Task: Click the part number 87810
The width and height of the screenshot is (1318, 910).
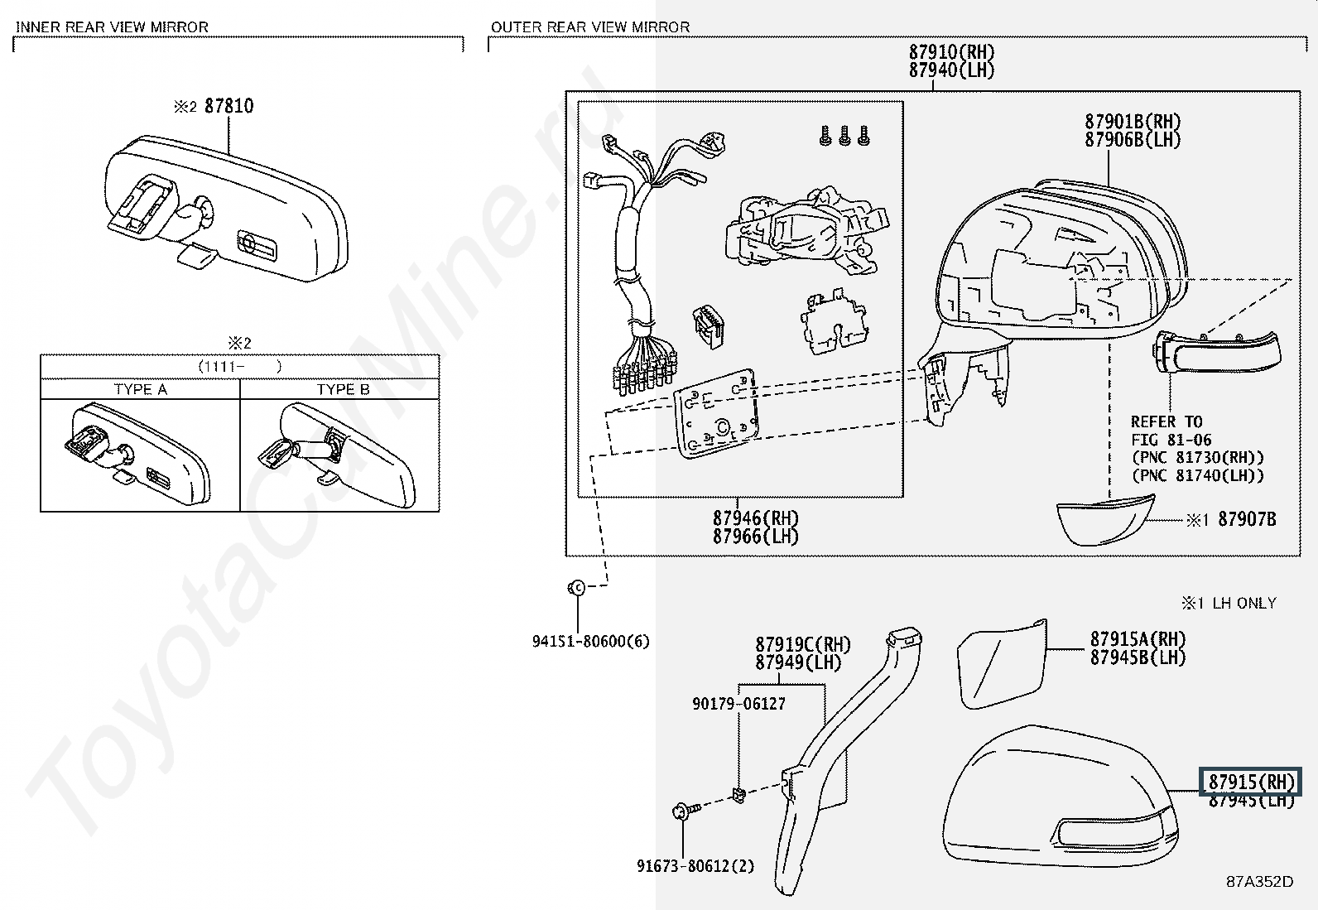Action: click(228, 106)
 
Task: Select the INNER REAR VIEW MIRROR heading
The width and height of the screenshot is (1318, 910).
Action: click(112, 27)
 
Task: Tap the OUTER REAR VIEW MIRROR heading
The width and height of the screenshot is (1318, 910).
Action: click(590, 27)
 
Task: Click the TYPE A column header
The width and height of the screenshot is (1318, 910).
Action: click(141, 389)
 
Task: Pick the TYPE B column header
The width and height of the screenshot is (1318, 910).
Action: click(343, 389)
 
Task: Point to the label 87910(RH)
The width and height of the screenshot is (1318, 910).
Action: click(951, 52)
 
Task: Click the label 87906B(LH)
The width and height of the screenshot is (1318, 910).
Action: click(1133, 139)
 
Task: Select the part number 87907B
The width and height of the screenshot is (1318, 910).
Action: click(1247, 519)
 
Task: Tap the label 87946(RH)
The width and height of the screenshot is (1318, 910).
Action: click(756, 518)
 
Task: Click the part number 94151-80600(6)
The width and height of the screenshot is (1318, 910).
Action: click(591, 641)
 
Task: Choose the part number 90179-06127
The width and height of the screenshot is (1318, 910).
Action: click(738, 703)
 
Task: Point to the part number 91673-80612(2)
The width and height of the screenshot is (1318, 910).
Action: click(695, 866)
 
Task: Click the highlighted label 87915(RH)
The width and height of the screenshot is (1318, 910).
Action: click(1251, 782)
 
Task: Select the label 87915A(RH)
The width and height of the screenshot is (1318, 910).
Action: click(1138, 638)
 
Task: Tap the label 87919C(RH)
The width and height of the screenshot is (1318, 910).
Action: click(803, 644)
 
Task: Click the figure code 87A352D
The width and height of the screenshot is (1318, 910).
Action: click(1260, 881)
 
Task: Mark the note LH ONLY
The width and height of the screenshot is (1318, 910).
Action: click(1244, 603)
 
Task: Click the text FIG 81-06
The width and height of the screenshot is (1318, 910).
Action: click(1171, 440)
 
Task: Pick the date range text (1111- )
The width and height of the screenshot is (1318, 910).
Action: click(239, 367)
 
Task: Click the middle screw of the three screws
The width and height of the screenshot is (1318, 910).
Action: click(844, 136)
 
